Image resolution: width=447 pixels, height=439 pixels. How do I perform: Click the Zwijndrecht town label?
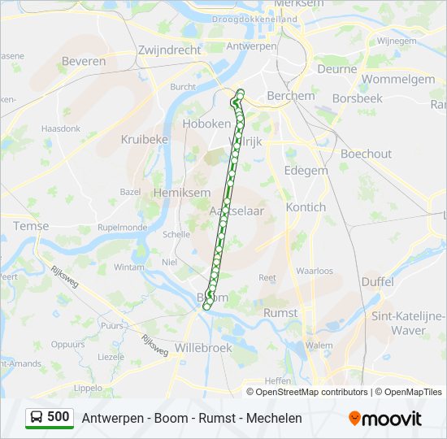[x=169, y=50]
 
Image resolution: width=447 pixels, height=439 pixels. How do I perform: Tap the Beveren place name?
[x=84, y=61]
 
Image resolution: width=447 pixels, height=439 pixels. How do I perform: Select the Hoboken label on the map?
[x=207, y=124]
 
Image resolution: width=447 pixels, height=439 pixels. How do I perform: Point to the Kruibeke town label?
[x=144, y=139]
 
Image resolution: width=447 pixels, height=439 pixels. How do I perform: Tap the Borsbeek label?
[x=357, y=98]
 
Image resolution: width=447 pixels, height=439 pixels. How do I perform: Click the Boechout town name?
[x=366, y=154]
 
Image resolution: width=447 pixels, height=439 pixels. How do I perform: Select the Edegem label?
[x=306, y=171]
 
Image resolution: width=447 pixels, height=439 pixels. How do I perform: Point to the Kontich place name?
[x=306, y=207]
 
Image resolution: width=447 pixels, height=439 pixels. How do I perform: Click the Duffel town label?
[x=377, y=281]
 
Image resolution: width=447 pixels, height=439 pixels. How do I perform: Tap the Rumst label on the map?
[x=280, y=312]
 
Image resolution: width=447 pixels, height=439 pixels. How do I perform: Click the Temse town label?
[x=31, y=226]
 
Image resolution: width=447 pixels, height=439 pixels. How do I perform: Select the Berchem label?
[x=290, y=96]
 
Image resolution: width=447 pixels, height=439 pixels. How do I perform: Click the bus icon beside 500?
[x=37, y=417]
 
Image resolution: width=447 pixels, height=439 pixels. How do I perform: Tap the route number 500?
[x=59, y=417]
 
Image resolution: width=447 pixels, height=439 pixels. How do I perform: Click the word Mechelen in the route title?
[x=273, y=418]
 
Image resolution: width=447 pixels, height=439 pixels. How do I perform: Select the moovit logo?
[x=385, y=418]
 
